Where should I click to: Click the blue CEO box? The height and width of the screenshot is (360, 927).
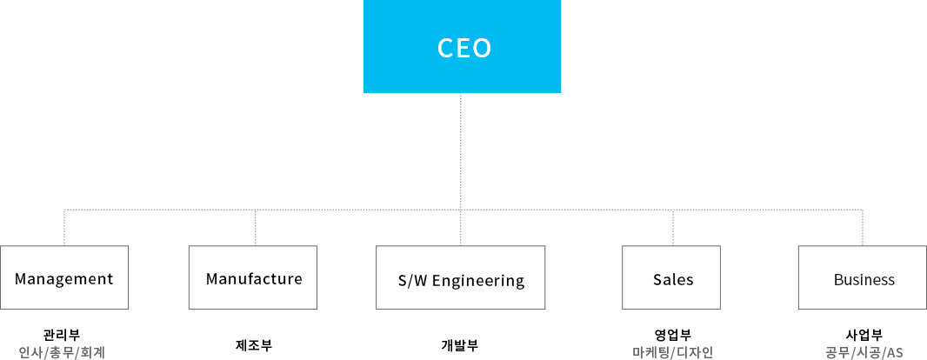(x=462, y=47)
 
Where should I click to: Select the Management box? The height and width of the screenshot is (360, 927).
(x=64, y=278)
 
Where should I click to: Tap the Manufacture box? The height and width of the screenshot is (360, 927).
(x=253, y=278)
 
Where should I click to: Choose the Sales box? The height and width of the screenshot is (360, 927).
(x=672, y=278)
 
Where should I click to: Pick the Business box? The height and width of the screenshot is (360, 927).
(x=863, y=278)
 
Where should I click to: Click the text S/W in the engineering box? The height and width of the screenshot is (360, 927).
(x=411, y=281)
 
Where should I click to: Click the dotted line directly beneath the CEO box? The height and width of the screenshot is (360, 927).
(x=461, y=148)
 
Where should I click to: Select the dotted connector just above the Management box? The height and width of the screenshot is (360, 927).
(x=64, y=228)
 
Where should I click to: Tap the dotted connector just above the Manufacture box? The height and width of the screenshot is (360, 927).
(x=256, y=228)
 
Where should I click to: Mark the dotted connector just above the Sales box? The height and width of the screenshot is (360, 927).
(x=673, y=228)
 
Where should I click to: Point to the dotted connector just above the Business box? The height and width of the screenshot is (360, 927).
(x=863, y=228)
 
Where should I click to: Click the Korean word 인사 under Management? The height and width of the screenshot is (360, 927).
(x=30, y=352)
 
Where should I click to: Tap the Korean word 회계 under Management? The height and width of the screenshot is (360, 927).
(x=92, y=352)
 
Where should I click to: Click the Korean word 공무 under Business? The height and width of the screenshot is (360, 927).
(x=837, y=352)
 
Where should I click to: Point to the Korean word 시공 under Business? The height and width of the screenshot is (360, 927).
(x=868, y=352)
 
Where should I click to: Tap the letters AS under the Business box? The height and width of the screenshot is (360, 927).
(x=895, y=352)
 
